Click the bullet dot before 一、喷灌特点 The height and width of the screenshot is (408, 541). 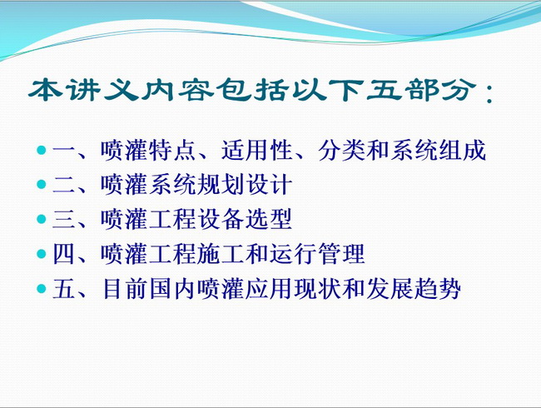[41, 150]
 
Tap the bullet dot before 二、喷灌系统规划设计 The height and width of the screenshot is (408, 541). [41, 184]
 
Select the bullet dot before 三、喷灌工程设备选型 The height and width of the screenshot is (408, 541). [41, 219]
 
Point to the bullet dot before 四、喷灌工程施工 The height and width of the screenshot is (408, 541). [41, 254]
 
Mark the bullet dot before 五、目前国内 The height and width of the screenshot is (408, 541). [41, 289]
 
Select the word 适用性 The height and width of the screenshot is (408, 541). [257, 150]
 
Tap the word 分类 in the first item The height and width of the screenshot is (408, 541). [341, 150]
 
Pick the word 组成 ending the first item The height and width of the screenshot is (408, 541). [462, 150]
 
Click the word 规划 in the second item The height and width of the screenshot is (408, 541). [221, 184]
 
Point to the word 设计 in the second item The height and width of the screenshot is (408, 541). [269, 184]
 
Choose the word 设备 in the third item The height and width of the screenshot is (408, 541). [221, 219]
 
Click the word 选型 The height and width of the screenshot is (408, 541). [269, 219]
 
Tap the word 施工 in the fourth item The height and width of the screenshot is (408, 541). [221, 254]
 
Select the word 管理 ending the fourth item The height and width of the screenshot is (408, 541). [341, 254]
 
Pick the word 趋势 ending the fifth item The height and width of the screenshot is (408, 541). [438, 289]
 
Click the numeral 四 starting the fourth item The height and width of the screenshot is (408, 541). [64, 254]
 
